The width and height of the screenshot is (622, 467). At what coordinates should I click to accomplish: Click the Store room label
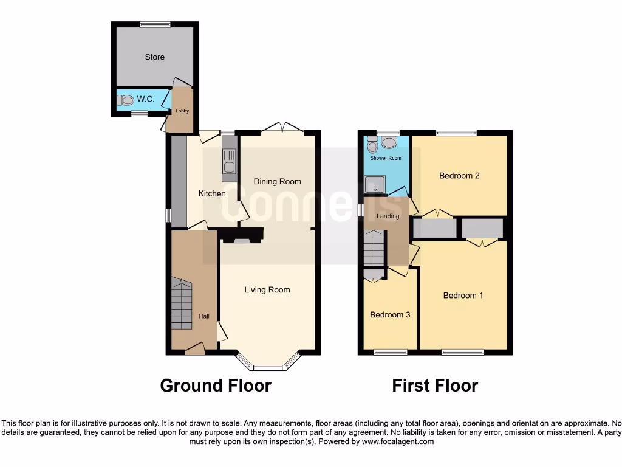(x=154, y=57)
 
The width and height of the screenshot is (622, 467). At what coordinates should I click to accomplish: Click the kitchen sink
(x=229, y=167)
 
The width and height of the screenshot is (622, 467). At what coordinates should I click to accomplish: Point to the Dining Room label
(x=277, y=181)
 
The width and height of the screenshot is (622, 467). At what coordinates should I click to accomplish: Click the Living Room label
(x=267, y=290)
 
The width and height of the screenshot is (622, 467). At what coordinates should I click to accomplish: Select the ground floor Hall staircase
(x=181, y=304)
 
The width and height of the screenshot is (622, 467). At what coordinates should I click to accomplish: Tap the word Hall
(x=204, y=316)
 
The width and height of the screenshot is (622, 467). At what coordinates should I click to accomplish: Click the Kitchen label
(x=212, y=194)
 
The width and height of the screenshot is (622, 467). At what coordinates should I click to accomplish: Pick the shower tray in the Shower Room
(x=374, y=184)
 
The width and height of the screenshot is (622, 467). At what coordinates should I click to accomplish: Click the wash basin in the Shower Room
(x=388, y=143)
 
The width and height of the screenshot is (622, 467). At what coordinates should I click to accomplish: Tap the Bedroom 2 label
(x=459, y=176)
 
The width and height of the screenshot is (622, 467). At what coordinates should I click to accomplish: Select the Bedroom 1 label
(x=463, y=296)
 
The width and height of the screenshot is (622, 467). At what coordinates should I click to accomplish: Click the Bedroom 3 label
(x=390, y=315)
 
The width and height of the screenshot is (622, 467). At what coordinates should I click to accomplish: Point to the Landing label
(x=388, y=216)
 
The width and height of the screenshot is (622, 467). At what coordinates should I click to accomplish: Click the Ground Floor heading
(x=216, y=386)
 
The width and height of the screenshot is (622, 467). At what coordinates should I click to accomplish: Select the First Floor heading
(x=435, y=386)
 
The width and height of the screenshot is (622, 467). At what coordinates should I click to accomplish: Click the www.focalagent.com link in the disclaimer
(x=397, y=442)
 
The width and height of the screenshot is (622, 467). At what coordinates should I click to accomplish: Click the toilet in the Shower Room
(x=372, y=144)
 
